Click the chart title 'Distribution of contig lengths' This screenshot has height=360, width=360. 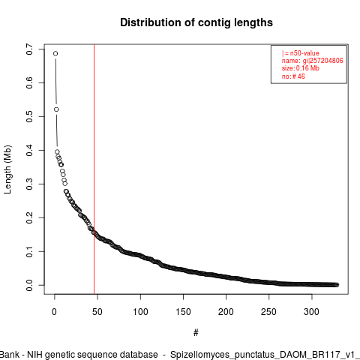(196, 22)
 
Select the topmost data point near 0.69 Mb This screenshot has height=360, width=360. (55, 53)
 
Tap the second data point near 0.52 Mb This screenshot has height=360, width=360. (56, 109)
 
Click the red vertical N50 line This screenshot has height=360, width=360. (94, 169)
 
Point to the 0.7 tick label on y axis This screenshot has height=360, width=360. (29, 49)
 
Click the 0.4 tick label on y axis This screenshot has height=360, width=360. (29, 150)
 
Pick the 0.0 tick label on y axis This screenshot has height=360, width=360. (29, 285)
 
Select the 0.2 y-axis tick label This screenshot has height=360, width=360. (29, 217)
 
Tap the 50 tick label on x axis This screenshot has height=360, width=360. (97, 312)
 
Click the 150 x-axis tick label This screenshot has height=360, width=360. (183, 312)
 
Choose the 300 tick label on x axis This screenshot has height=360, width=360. (312, 312)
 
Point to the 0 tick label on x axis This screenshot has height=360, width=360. (55, 312)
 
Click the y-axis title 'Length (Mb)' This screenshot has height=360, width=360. (7, 169)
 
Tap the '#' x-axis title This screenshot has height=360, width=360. (196, 333)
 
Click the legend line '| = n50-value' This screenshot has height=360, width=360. (301, 53)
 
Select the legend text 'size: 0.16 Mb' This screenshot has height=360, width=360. (301, 68)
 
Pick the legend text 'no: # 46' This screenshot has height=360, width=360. (293, 76)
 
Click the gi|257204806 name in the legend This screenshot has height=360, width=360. (323, 61)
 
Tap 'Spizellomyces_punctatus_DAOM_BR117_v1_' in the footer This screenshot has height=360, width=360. (265, 355)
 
